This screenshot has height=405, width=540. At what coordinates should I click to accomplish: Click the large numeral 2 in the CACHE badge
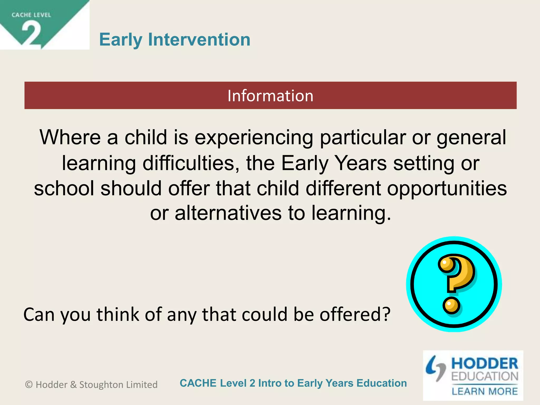click(31, 34)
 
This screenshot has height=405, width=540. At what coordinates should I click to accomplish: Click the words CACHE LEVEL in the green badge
click(31, 15)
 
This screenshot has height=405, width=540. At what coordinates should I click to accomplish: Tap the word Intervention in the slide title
click(199, 40)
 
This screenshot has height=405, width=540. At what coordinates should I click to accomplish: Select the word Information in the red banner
click(270, 95)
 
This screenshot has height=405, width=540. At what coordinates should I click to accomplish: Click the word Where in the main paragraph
click(70, 137)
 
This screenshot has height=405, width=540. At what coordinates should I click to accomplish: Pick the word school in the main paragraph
click(64, 188)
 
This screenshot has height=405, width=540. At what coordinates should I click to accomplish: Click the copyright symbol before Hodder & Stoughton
click(29, 385)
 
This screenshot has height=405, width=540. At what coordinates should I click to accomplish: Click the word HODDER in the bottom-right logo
click(485, 364)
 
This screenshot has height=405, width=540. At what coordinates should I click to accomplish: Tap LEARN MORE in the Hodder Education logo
click(485, 391)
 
